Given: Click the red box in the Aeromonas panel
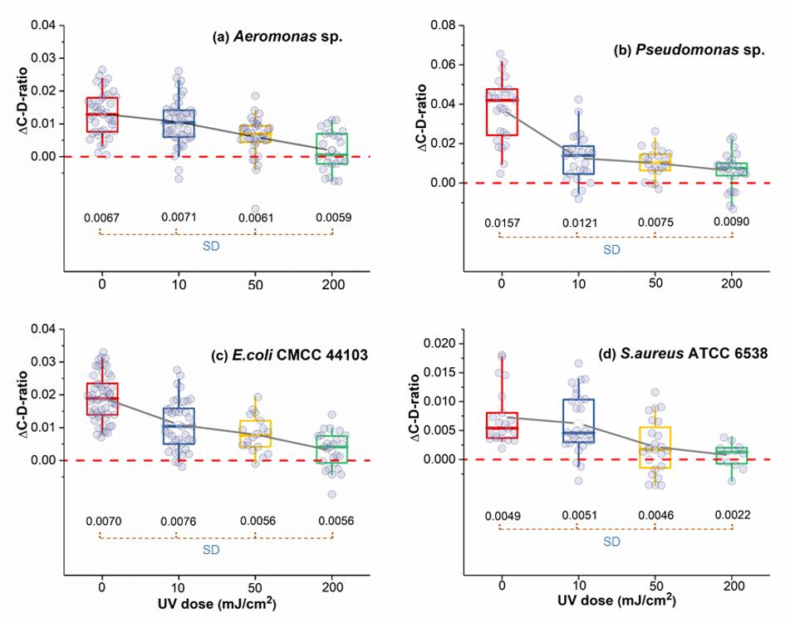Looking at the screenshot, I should coord(101,115).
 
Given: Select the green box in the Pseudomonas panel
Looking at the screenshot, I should coord(732,169).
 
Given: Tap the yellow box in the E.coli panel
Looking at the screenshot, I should coord(254,434).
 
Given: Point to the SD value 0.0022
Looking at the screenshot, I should coord(732,515).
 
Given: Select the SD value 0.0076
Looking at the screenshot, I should coord(177,521).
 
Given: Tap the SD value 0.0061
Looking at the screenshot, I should coord(254,218).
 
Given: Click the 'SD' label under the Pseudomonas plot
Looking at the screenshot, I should coord(612,250).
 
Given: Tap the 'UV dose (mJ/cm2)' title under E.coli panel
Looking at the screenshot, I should coord(216,600).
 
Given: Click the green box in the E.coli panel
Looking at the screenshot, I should coord(332,449).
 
